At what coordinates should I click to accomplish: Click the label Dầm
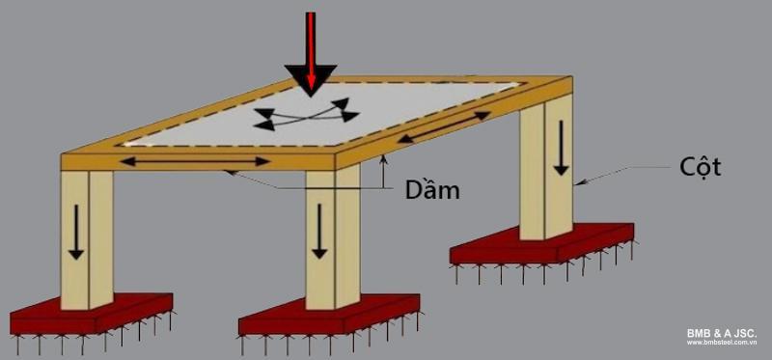tap(432, 190)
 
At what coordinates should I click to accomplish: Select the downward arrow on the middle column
tap(318, 235)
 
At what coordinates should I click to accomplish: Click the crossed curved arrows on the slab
tap(301, 114)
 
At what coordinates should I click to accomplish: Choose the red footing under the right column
tap(540, 246)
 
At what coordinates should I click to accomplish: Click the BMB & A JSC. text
tap(721, 333)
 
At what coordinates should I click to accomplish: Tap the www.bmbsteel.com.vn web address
tap(722, 343)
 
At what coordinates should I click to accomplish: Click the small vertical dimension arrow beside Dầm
tap(384, 173)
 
